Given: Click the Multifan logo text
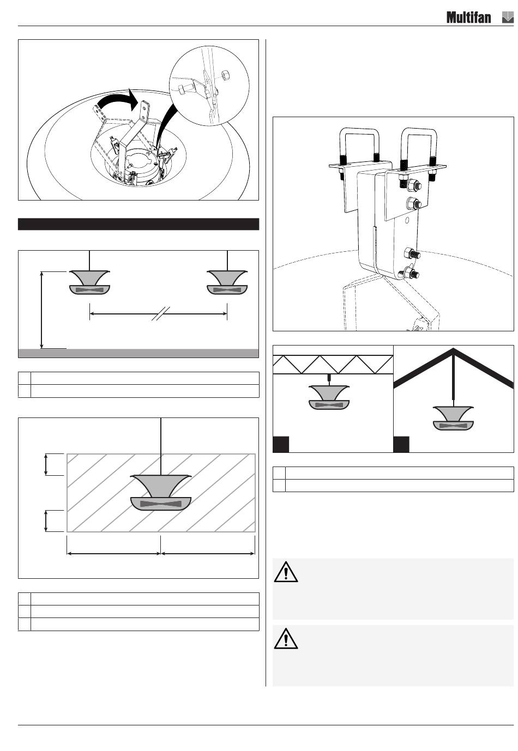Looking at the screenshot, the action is coord(468,17).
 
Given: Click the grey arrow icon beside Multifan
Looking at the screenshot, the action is coord(508,17).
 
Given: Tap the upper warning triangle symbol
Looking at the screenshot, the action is coord(286,572).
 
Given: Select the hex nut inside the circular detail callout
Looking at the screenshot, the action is coord(225,76).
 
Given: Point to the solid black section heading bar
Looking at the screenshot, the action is coord(138,224).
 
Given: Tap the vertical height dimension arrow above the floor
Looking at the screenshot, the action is coord(41,310).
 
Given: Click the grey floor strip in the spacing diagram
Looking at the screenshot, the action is coord(138,353).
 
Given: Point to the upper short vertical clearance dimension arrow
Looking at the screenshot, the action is coord(46,464).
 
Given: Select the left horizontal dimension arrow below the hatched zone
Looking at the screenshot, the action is coord(114,553).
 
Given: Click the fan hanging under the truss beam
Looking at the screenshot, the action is coord(329,397).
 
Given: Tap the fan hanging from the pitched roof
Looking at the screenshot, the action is coord(453,418).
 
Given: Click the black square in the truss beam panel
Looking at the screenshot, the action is coord(281,444).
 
